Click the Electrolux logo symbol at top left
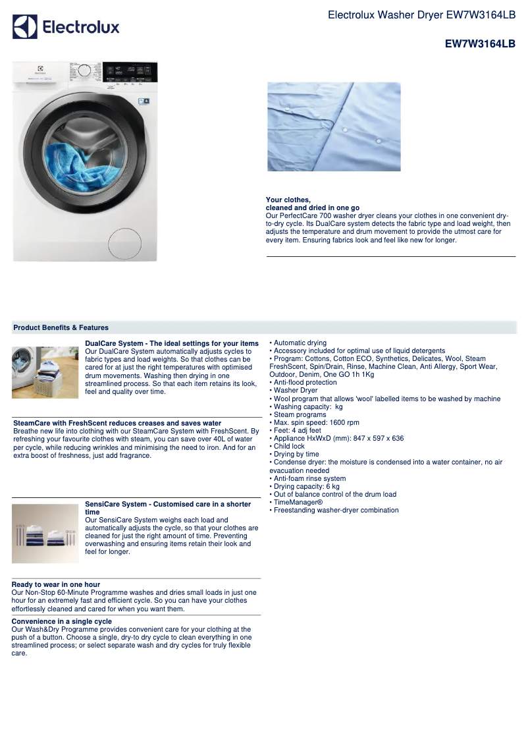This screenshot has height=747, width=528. click(x=25, y=27)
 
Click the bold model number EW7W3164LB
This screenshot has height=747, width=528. click(x=480, y=44)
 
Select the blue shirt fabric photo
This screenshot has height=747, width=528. click(x=334, y=126)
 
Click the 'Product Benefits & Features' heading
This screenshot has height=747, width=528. click(x=61, y=327)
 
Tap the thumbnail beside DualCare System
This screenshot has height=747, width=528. click(x=45, y=372)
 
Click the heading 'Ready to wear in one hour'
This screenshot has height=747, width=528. click(x=56, y=584)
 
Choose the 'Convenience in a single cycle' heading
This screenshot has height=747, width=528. click(x=62, y=621)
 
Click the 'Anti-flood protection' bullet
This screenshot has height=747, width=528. click(x=304, y=383)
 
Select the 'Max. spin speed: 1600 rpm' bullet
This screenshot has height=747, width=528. click(x=316, y=423)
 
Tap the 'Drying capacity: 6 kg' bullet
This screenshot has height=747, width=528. click(x=306, y=487)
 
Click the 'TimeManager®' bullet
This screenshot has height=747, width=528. click(x=298, y=503)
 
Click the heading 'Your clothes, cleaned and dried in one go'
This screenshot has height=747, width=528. click(x=312, y=204)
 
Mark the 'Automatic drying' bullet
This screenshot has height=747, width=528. click(x=300, y=343)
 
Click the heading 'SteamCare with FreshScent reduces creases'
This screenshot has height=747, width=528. click(x=117, y=423)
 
